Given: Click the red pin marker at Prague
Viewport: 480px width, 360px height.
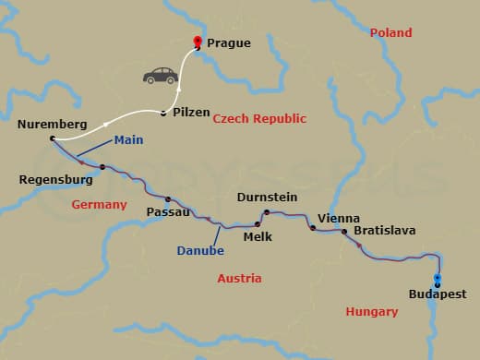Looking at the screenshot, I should [x=196, y=41].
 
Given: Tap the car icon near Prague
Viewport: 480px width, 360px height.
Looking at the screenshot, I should [x=159, y=75].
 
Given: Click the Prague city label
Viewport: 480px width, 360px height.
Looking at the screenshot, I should [x=228, y=42].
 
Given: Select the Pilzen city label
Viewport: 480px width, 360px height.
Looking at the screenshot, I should [x=191, y=112].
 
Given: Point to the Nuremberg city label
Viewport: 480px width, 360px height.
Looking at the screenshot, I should [x=52, y=124].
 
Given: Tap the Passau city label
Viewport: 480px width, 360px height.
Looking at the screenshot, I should [x=168, y=211].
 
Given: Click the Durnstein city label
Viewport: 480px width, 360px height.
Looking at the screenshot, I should [x=267, y=197].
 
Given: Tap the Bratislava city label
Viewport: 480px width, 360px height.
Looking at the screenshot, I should [x=384, y=230].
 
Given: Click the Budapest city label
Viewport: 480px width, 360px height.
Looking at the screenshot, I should [x=437, y=294].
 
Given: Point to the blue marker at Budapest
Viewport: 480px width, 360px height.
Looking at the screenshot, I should [x=438, y=281].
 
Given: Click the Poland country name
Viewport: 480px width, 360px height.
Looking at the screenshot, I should [x=390, y=32].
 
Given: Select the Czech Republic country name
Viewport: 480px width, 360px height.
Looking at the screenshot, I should [x=259, y=119].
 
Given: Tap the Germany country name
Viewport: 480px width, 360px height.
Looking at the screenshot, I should [x=99, y=204].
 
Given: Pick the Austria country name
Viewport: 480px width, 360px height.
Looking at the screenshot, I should [x=238, y=278].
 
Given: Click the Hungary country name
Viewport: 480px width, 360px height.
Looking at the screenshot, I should [x=371, y=311].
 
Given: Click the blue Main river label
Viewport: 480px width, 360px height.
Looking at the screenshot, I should [x=127, y=140].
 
